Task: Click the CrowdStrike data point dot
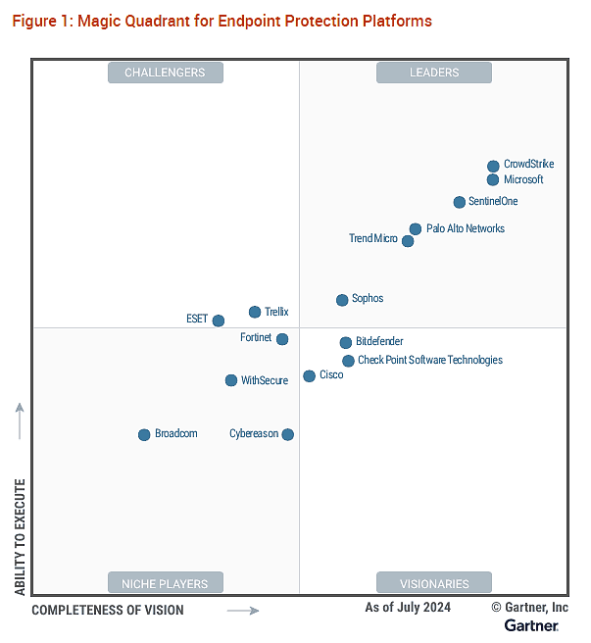point(493,167)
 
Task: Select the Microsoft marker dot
point(493,179)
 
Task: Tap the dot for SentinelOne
point(460,202)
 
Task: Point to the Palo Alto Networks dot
point(416,229)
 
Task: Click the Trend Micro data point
point(408,241)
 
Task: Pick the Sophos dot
point(342,300)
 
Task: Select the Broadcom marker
point(144,434)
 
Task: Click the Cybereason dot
point(287,434)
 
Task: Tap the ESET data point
point(219,321)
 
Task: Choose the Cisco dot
point(310,376)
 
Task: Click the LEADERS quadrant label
point(434,73)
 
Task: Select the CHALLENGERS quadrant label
point(166,73)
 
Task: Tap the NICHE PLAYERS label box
point(166,583)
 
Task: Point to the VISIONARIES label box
point(434,583)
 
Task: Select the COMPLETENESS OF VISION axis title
point(108,611)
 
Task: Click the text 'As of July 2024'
point(408,608)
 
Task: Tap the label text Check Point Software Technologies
point(430,361)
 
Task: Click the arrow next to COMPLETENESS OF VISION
point(243,611)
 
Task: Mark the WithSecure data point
point(231,380)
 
